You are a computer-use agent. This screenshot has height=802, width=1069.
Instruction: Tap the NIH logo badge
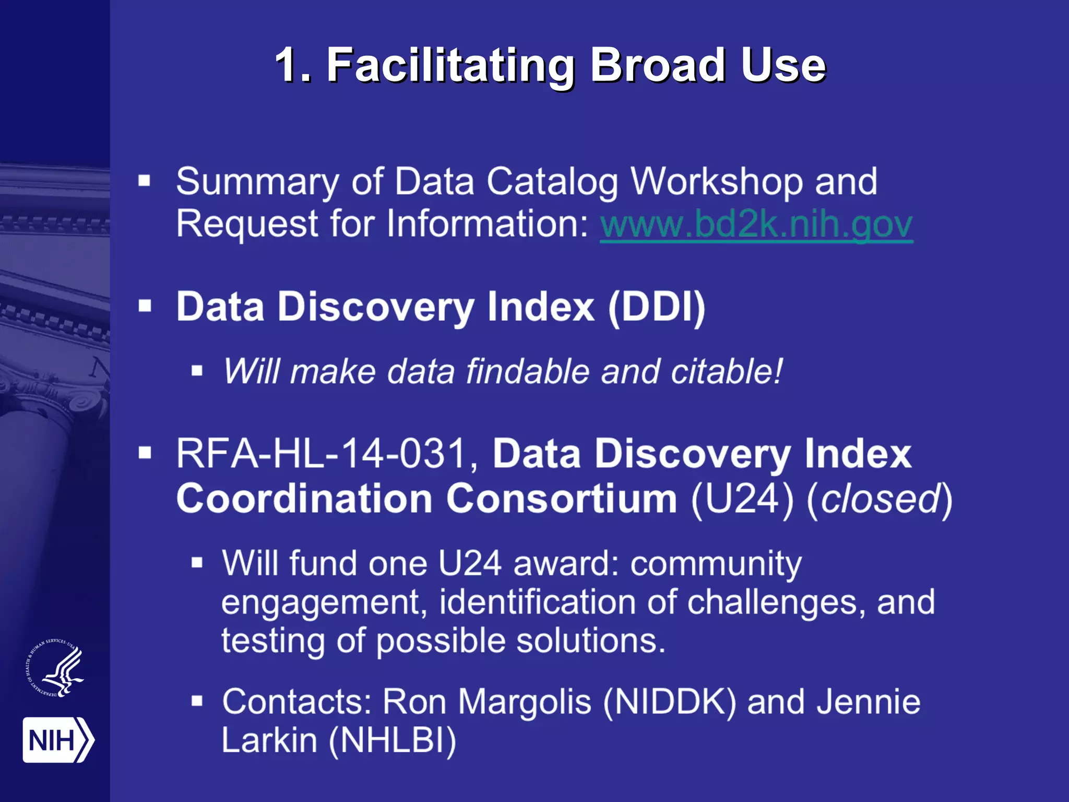pyautogui.click(x=57, y=740)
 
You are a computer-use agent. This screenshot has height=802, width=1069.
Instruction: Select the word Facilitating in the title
pyautogui.click(x=450, y=66)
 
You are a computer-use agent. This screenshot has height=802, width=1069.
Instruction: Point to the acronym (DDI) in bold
pyautogui.click(x=657, y=307)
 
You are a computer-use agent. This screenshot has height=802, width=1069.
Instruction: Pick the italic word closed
pyautogui.click(x=880, y=499)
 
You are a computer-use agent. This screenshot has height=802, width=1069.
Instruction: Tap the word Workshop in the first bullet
pyautogui.click(x=717, y=182)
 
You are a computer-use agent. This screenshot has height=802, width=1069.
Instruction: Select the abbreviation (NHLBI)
pyautogui.click(x=393, y=740)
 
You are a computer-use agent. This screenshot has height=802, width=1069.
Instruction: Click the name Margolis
pyautogui.click(x=525, y=701)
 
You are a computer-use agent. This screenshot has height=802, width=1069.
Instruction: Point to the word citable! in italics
pyautogui.click(x=727, y=372)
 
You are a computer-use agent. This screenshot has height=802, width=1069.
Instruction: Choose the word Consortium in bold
pyautogui.click(x=562, y=499)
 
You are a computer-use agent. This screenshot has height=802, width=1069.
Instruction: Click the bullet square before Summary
pyautogui.click(x=145, y=181)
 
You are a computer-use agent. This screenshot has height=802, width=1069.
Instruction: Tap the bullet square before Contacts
pyautogui.click(x=197, y=701)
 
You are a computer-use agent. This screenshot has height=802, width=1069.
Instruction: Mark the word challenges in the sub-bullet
pyautogui.click(x=771, y=603)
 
